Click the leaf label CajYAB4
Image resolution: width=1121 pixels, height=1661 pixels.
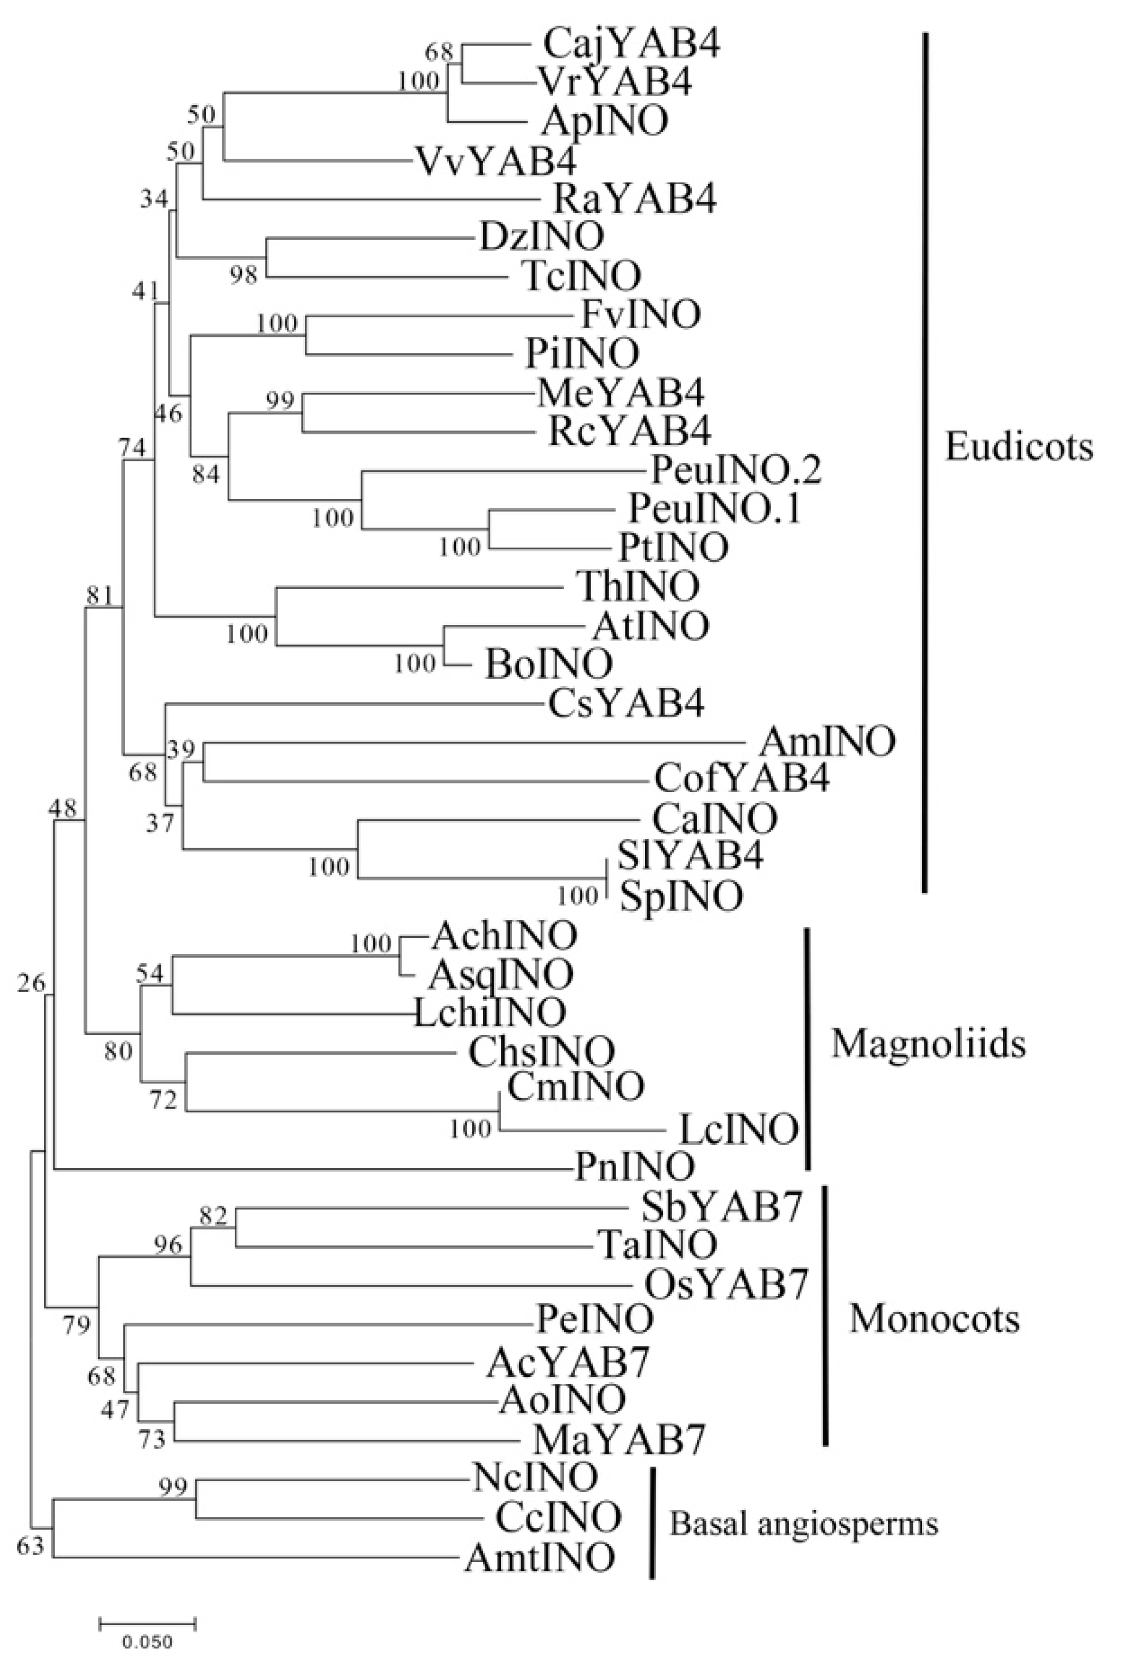(632, 45)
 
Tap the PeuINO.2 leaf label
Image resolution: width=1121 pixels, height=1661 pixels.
(736, 471)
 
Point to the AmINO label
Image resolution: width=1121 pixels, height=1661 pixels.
(826, 741)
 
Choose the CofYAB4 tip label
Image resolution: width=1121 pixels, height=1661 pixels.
(742, 780)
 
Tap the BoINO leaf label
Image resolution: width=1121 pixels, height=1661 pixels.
(549, 665)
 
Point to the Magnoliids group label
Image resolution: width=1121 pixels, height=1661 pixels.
(929, 1045)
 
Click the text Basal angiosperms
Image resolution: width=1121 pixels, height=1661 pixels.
(804, 1525)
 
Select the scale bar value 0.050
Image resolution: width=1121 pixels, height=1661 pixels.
(147, 1641)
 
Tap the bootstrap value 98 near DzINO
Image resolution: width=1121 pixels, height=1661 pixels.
(243, 274)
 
